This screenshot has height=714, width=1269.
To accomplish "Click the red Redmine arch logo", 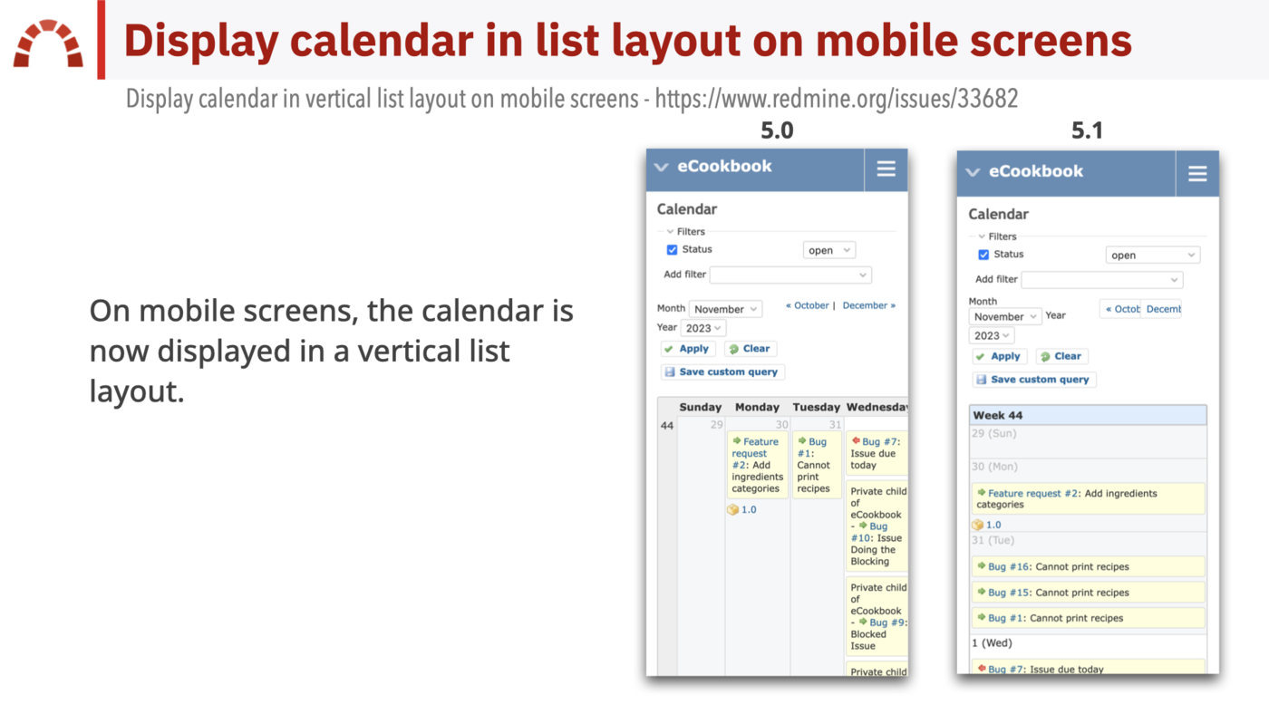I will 48,44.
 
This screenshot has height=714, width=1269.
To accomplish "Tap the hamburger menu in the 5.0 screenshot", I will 886,169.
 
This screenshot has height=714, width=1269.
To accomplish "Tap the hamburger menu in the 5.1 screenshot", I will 1197,173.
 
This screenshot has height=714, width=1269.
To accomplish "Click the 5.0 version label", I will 777,130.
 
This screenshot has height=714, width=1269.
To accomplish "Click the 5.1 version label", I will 1087,130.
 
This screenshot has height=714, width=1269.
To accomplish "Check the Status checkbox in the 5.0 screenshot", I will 672,250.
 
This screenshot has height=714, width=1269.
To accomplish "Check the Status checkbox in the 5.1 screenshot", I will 983,256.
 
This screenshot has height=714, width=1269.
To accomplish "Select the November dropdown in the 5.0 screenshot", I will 725,309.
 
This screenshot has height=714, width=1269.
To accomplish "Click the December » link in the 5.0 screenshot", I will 868,305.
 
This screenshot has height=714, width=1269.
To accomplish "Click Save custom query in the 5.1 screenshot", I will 1034,380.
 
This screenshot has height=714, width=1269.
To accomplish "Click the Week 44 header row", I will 1088,415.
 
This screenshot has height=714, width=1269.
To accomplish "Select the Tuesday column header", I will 817,408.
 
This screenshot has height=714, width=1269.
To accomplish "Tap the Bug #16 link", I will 1009,567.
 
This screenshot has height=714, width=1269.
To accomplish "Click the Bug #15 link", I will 1009,593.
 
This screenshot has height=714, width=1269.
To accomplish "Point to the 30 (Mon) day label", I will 994,467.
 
